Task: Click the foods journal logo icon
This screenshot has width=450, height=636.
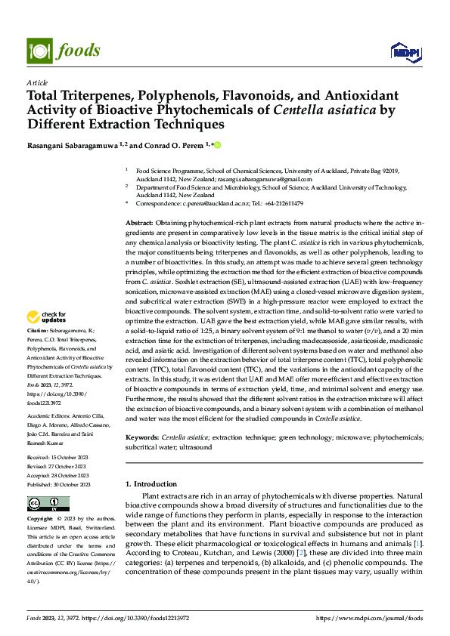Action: (x=39, y=50)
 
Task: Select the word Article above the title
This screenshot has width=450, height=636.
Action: (x=37, y=82)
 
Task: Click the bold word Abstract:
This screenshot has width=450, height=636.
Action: (x=139, y=224)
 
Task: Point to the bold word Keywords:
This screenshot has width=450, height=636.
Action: (x=141, y=437)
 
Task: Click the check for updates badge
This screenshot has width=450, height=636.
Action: (x=48, y=317)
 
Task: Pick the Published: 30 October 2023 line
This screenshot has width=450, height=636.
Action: (x=59, y=484)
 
